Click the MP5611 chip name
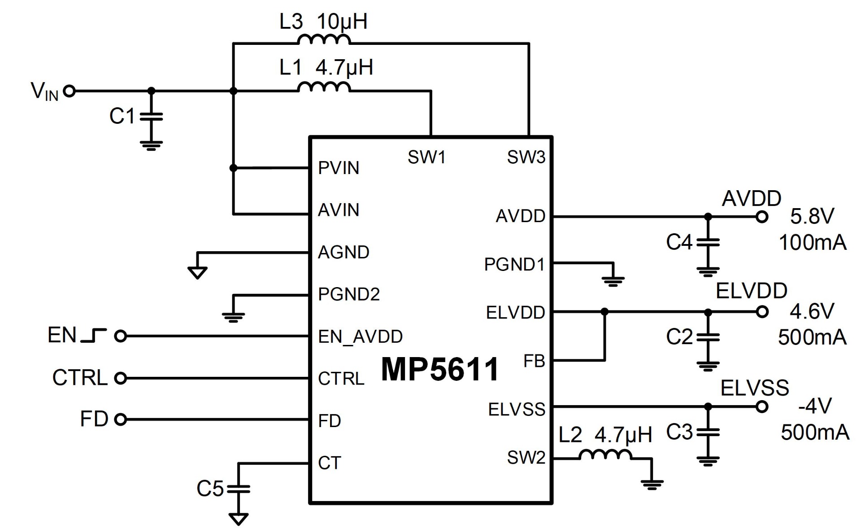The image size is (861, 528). click(439, 370)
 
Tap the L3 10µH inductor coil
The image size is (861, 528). click(324, 40)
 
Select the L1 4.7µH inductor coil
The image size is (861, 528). click(324, 87)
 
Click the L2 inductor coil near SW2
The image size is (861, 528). click(606, 455)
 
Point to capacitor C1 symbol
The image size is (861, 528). click(151, 117)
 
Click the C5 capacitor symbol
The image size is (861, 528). click(238, 489)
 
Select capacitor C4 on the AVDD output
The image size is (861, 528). click(708, 242)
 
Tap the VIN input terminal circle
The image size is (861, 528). click(69, 91)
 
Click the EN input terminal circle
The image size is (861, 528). click(121, 336)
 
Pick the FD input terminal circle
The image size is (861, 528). click(121, 419)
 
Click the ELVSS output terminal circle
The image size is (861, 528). click(761, 407)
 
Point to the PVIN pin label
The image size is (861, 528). click(339, 168)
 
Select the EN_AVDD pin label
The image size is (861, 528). click(360, 336)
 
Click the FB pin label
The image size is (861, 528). click(534, 361)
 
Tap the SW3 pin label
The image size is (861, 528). click(526, 157)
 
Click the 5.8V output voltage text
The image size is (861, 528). click(812, 217)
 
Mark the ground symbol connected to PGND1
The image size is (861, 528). click(613, 280)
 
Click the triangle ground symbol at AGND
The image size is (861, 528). click(197, 272)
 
